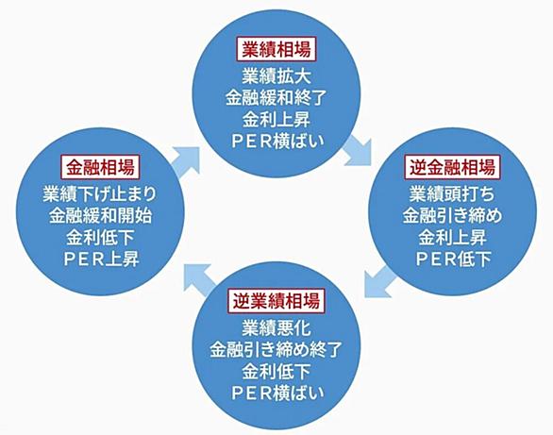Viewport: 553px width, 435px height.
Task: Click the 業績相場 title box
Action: [x=276, y=49]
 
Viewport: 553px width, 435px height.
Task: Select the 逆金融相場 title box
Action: [x=452, y=167]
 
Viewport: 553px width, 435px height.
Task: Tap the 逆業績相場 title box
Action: [x=276, y=301]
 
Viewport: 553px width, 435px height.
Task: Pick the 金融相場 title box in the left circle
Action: [x=101, y=167]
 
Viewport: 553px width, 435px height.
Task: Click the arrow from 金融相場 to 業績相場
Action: [x=187, y=161]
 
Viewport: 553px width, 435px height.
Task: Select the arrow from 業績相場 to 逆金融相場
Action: [x=359, y=151]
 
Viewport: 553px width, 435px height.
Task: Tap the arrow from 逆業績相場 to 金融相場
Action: [x=198, y=277]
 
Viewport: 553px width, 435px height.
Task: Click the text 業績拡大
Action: [x=276, y=76]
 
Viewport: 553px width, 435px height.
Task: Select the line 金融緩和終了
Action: [x=276, y=97]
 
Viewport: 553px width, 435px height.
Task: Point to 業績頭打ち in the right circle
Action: [x=452, y=193]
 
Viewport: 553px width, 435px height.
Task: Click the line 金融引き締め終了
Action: [x=276, y=350]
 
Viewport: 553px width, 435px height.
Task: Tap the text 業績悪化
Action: [x=276, y=328]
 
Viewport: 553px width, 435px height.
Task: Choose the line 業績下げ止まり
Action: [x=100, y=193]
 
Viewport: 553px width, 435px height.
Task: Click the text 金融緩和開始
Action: [x=101, y=216]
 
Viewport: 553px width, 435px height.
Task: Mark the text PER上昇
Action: [x=102, y=259]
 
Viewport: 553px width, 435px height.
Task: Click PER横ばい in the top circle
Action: [x=277, y=141]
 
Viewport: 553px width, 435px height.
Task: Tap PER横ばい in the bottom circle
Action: [x=277, y=393]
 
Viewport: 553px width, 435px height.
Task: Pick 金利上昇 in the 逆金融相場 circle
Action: [x=452, y=237]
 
